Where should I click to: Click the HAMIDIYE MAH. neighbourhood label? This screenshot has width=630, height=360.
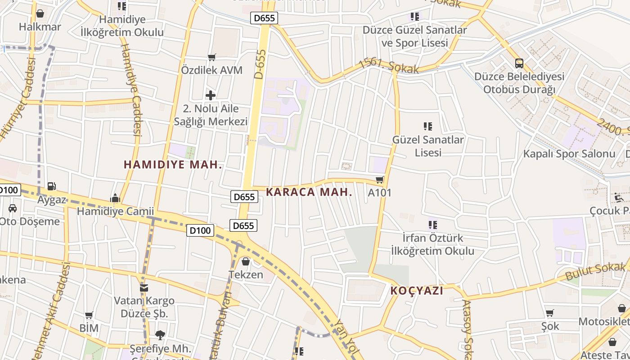173,165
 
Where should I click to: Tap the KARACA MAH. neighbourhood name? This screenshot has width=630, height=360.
309,192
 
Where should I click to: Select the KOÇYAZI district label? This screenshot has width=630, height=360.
417,291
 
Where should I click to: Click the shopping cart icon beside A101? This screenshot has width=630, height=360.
380,180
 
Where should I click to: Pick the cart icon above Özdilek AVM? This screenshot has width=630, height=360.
211,57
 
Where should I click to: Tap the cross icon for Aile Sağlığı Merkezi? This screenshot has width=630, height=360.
210,95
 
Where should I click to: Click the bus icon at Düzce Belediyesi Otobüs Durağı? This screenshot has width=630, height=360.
519,63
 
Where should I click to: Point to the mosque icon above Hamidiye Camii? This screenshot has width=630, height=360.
115,198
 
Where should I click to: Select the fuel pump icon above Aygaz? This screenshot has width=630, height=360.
52,186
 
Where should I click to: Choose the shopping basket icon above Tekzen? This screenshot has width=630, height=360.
246,261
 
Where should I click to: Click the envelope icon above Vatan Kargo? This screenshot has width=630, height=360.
144,288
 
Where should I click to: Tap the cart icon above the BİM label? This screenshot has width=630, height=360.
89,315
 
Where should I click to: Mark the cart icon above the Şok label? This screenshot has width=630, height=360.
549,313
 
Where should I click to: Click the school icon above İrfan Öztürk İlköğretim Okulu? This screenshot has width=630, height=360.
432,225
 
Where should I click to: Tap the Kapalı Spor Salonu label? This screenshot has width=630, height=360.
569,153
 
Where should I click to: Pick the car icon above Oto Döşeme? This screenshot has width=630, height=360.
13,208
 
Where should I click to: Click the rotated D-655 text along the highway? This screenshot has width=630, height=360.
261,64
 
